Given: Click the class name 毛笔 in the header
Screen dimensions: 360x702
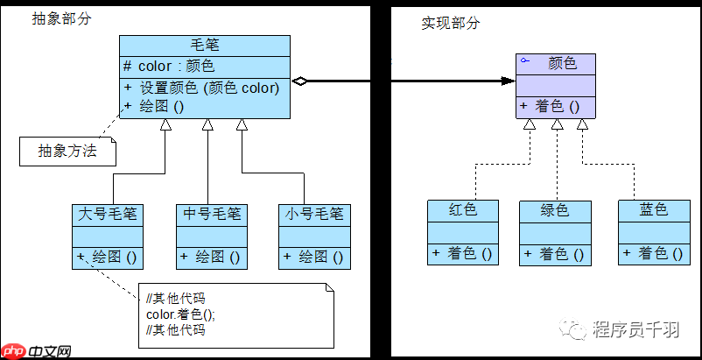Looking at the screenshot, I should point(204,46).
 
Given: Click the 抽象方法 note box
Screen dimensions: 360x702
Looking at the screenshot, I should point(69,152).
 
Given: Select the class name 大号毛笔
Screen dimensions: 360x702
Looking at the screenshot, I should point(109,214).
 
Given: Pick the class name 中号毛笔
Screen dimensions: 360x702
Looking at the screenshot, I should point(211,214).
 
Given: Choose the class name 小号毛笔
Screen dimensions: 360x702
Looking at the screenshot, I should point(314,214).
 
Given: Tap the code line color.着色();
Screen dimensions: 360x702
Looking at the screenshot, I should point(180,314).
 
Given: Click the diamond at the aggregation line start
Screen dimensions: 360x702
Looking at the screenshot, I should point(299,81).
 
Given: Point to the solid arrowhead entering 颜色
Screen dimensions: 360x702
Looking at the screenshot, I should point(508,81).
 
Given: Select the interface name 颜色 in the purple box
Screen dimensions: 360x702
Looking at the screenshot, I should point(562,63).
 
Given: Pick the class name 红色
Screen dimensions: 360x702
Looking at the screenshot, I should point(462,210).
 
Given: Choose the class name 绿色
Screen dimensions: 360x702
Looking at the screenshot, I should point(554,210).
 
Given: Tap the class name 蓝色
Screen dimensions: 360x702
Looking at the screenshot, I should point(653,210).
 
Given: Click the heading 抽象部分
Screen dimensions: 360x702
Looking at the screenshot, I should point(60,18).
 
